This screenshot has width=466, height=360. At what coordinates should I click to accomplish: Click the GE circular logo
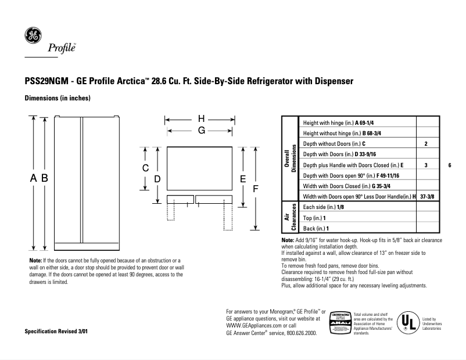pos(32,35)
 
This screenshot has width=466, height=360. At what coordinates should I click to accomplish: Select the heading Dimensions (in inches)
pos(57,98)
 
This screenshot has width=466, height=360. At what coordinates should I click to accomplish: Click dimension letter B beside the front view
pos(44,179)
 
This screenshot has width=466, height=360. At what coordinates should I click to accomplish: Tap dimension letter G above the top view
pos(201,131)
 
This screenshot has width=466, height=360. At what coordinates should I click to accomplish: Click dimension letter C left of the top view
pos(146,168)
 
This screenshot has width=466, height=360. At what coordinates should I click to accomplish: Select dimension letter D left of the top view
pos(157,179)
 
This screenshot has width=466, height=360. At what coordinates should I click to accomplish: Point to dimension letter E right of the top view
pos(243,179)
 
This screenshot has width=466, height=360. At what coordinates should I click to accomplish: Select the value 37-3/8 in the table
pos(426,197)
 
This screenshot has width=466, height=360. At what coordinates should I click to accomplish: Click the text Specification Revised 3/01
pos(58,332)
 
